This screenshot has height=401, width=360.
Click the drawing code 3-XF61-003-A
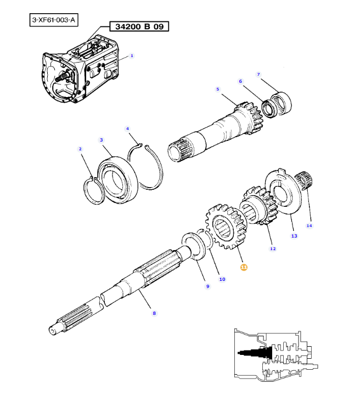pos(54,21)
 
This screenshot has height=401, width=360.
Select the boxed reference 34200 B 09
pos(139,26)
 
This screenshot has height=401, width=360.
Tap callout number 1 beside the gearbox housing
pos(132,56)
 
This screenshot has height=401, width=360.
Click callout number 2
pos(80,149)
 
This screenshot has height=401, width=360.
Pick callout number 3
pos(102,140)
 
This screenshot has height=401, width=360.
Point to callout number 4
pos(127,129)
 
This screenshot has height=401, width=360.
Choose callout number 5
pos(217,89)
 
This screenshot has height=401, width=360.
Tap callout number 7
pos(258,74)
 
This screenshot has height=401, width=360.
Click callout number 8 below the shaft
pos(154,313)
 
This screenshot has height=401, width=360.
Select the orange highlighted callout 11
pos(244,267)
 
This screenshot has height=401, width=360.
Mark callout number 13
pos(294,236)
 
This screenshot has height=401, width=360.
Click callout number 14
pos(309,225)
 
